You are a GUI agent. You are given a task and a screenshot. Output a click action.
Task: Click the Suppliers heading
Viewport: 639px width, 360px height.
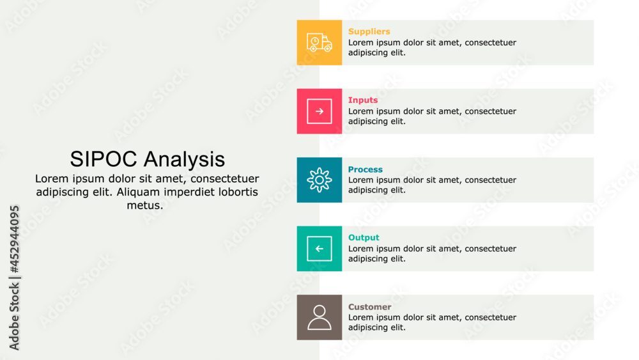pyautogui.click(x=369, y=31)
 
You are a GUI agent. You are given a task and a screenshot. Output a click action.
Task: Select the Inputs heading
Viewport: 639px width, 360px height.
pyautogui.click(x=363, y=100)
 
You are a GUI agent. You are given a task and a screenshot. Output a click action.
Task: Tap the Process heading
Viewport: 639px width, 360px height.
pyautogui.click(x=366, y=169)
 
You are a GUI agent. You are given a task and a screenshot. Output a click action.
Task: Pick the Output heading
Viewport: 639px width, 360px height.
pyautogui.click(x=364, y=237)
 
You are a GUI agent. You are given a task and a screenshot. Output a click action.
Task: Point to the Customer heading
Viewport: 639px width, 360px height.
pyautogui.click(x=369, y=307)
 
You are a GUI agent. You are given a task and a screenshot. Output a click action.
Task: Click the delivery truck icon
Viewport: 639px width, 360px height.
pyautogui.click(x=319, y=42)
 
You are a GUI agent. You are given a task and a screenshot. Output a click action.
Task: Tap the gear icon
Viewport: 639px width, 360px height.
pyautogui.click(x=319, y=180)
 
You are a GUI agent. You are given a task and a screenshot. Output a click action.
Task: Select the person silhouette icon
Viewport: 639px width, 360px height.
pyautogui.click(x=319, y=317)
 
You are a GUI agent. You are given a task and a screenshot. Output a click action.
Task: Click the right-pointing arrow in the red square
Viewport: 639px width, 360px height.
pyautogui.click(x=319, y=111)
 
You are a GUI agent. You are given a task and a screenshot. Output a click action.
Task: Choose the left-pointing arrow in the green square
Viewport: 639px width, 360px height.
pyautogui.click(x=319, y=249)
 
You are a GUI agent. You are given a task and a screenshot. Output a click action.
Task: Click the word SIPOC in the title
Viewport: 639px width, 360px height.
pyautogui.click(x=104, y=159)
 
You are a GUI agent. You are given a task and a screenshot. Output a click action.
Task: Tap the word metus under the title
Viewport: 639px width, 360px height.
pyautogui.click(x=145, y=205)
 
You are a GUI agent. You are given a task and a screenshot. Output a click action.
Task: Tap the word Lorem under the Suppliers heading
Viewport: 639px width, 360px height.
pyautogui.click(x=361, y=43)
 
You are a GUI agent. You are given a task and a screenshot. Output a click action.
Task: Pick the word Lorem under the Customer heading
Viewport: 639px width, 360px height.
pyautogui.click(x=361, y=317)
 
